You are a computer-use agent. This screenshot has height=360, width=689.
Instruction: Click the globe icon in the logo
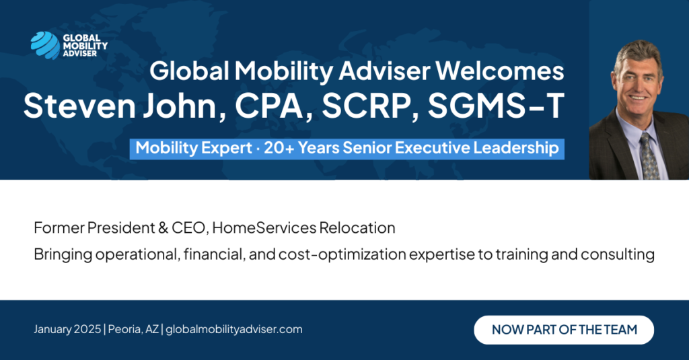coord(45,45)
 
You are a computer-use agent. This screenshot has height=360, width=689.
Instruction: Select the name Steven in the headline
coord(79,106)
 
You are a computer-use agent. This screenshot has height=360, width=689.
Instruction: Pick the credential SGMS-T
coord(496,106)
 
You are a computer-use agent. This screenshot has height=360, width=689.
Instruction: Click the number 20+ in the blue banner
coord(279,148)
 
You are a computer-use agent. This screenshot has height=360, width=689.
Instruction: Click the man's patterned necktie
coord(649,157)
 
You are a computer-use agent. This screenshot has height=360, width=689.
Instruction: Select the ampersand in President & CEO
coord(163,228)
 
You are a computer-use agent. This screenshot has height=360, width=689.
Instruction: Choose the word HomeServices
coord(264,228)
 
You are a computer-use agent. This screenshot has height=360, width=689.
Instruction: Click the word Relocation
coord(357,228)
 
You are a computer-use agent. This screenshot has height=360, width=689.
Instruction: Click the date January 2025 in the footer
coord(67,330)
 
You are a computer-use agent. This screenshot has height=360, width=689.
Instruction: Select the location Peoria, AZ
coord(134,329)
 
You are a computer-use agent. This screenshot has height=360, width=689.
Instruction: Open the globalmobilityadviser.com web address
coord(234,330)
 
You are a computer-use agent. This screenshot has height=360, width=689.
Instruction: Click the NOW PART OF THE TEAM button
coord(564,330)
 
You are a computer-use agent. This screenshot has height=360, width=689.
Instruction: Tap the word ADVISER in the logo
coord(79,54)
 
